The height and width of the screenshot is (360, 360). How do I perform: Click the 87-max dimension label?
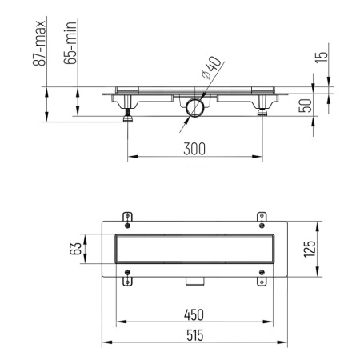click(39, 43)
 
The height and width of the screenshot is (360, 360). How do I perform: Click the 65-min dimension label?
click(70, 43)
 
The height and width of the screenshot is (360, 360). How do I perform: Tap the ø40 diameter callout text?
click(211, 68)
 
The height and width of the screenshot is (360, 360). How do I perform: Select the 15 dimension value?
click(322, 58)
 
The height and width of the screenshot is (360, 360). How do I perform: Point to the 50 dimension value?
click(306, 106)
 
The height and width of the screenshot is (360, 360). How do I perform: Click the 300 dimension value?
click(194, 149)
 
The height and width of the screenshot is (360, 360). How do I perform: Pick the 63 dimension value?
click(75, 248)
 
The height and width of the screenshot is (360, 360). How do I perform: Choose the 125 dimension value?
click(310, 249)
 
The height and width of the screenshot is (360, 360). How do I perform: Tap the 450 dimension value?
click(194, 315)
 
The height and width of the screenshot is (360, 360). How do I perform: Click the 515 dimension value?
click(195, 335)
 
